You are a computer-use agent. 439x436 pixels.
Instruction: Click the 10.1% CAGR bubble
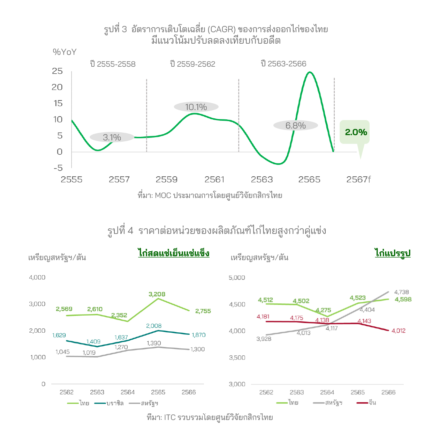[196, 107]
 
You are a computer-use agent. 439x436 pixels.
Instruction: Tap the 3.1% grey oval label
[112, 137]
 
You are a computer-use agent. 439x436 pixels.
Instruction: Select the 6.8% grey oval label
[295, 125]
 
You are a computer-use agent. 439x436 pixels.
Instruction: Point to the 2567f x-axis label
[358, 179]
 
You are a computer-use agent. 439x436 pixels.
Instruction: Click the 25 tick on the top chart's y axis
[57, 71]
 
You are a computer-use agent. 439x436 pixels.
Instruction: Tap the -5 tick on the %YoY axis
[58, 168]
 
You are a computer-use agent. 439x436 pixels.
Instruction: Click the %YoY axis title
[65, 52]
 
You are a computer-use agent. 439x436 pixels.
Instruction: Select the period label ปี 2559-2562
[192, 64]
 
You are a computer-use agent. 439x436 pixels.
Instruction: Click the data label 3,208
[157, 294]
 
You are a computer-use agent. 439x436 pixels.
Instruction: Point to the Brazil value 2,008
[154, 326]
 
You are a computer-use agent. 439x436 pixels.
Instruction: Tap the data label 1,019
[89, 353]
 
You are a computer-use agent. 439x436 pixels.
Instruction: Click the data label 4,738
[401, 292]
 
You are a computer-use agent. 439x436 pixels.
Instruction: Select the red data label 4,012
[398, 331]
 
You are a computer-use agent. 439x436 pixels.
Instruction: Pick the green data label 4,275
[323, 310]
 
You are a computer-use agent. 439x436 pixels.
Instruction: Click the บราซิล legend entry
[109, 403]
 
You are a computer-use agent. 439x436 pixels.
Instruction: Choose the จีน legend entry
[366, 402]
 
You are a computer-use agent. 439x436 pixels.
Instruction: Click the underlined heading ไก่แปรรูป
[393, 253]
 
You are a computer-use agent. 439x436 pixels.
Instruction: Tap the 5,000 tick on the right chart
[237, 278]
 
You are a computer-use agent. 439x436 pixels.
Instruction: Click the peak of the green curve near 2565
[310, 72]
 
